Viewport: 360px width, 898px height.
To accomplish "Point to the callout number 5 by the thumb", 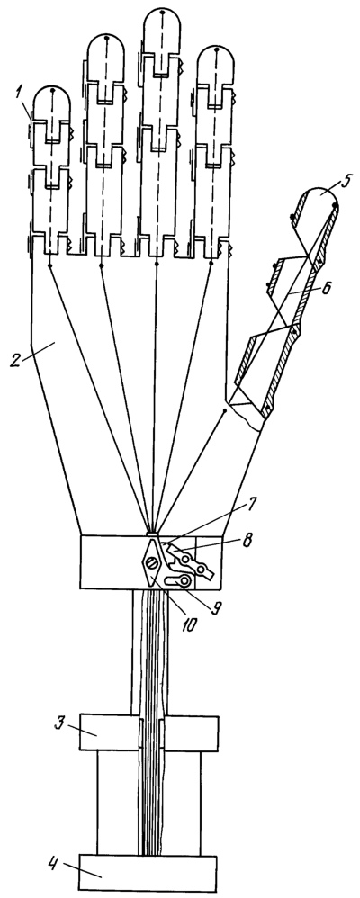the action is tap(344, 184).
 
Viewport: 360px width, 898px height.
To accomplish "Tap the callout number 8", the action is tap(247, 540).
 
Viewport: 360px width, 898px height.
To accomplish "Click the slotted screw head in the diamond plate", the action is tap(151, 564).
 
